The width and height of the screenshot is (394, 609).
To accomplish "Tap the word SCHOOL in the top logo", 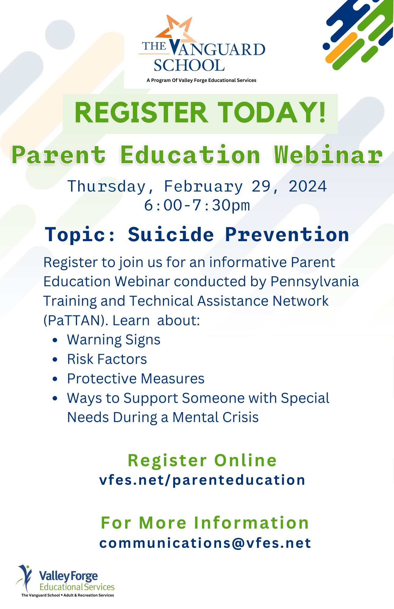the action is [189, 65].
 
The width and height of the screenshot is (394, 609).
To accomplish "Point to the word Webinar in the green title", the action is [328, 155].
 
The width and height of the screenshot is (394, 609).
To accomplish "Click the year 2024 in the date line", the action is [308, 186].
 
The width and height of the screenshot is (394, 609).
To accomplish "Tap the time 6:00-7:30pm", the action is [197, 205].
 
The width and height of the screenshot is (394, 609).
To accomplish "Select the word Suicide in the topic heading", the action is [171, 234].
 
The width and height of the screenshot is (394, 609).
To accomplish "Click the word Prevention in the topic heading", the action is [287, 235].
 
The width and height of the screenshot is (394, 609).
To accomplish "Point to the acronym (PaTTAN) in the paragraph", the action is [76, 321].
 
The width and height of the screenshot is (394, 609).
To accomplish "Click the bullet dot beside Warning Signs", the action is [55, 340].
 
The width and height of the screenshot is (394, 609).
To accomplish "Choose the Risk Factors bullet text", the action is [107, 359].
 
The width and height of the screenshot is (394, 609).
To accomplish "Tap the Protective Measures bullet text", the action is [136, 379].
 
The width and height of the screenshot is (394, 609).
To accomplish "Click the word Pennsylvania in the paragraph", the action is [315, 282].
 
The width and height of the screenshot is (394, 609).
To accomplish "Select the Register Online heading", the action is [202, 460].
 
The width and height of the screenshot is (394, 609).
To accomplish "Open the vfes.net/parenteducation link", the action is [202, 480].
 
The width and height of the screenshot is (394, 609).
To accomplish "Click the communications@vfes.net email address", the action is [205, 543].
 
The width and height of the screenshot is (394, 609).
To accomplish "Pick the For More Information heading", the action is [205, 523].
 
